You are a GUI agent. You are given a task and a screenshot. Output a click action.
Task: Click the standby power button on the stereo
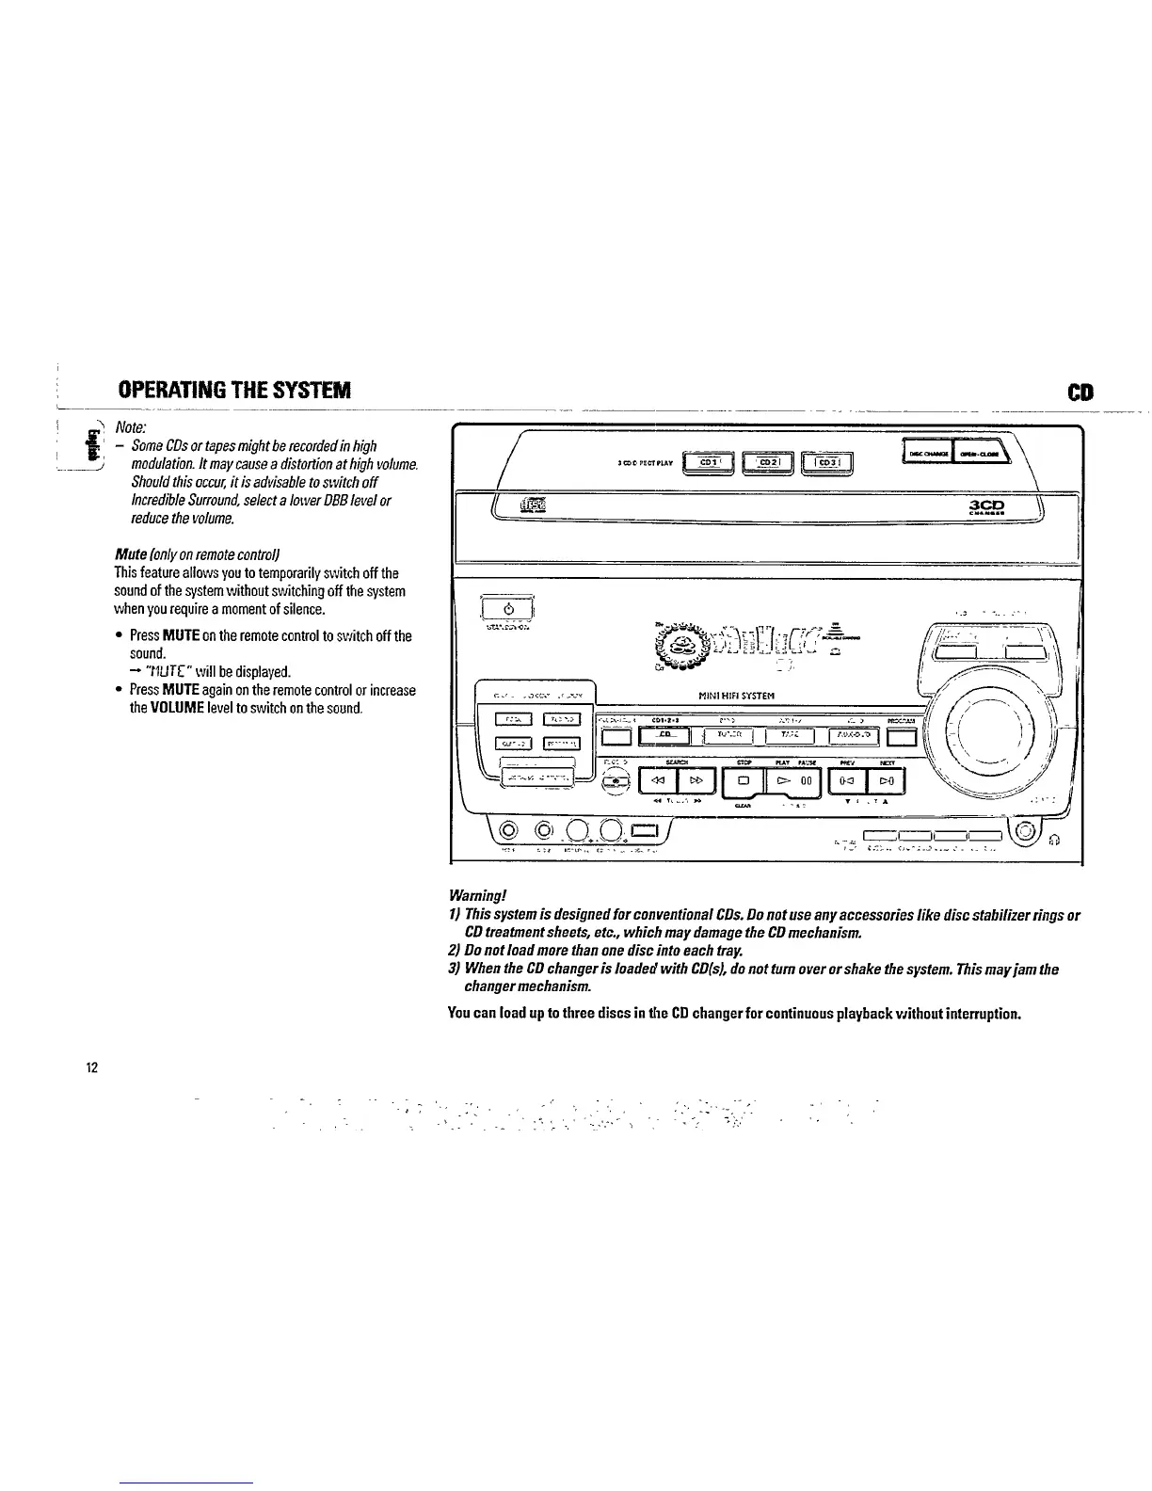(x=507, y=607)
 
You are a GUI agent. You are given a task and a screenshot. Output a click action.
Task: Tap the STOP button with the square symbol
(x=743, y=781)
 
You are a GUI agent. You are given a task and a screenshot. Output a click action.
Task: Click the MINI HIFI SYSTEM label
(x=736, y=697)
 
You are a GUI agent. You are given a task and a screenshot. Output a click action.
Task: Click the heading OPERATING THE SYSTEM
(x=234, y=390)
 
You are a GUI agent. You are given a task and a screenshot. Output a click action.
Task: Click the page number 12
(x=92, y=1067)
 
